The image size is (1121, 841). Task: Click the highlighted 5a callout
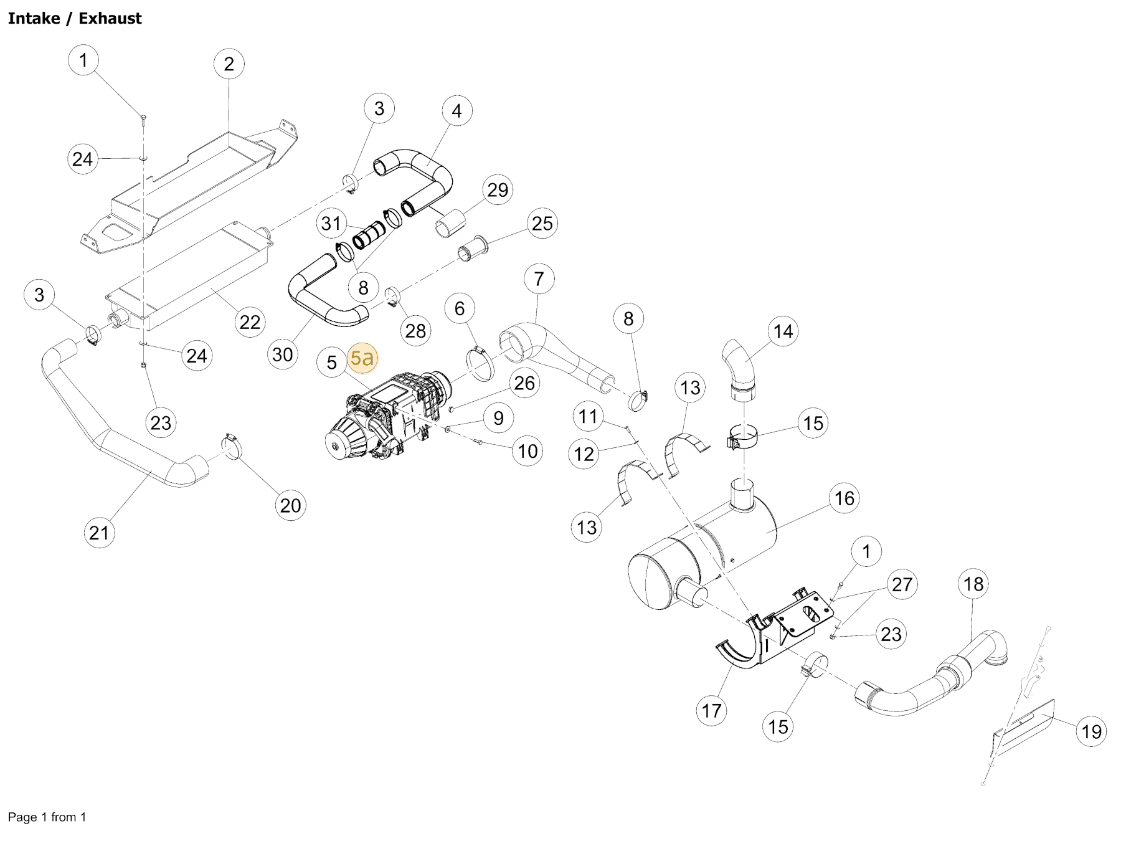362,358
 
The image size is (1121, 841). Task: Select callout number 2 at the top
229,64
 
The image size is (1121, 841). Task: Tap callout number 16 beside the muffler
844,498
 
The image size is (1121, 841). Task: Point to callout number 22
250,322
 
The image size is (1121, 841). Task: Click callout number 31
331,223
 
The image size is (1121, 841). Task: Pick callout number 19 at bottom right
1091,731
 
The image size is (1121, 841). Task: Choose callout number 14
783,331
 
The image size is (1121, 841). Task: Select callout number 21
99,533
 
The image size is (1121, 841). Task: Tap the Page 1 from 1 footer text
47,817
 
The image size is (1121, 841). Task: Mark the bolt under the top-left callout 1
143,118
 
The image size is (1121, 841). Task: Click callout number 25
542,223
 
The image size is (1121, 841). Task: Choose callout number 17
711,710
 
